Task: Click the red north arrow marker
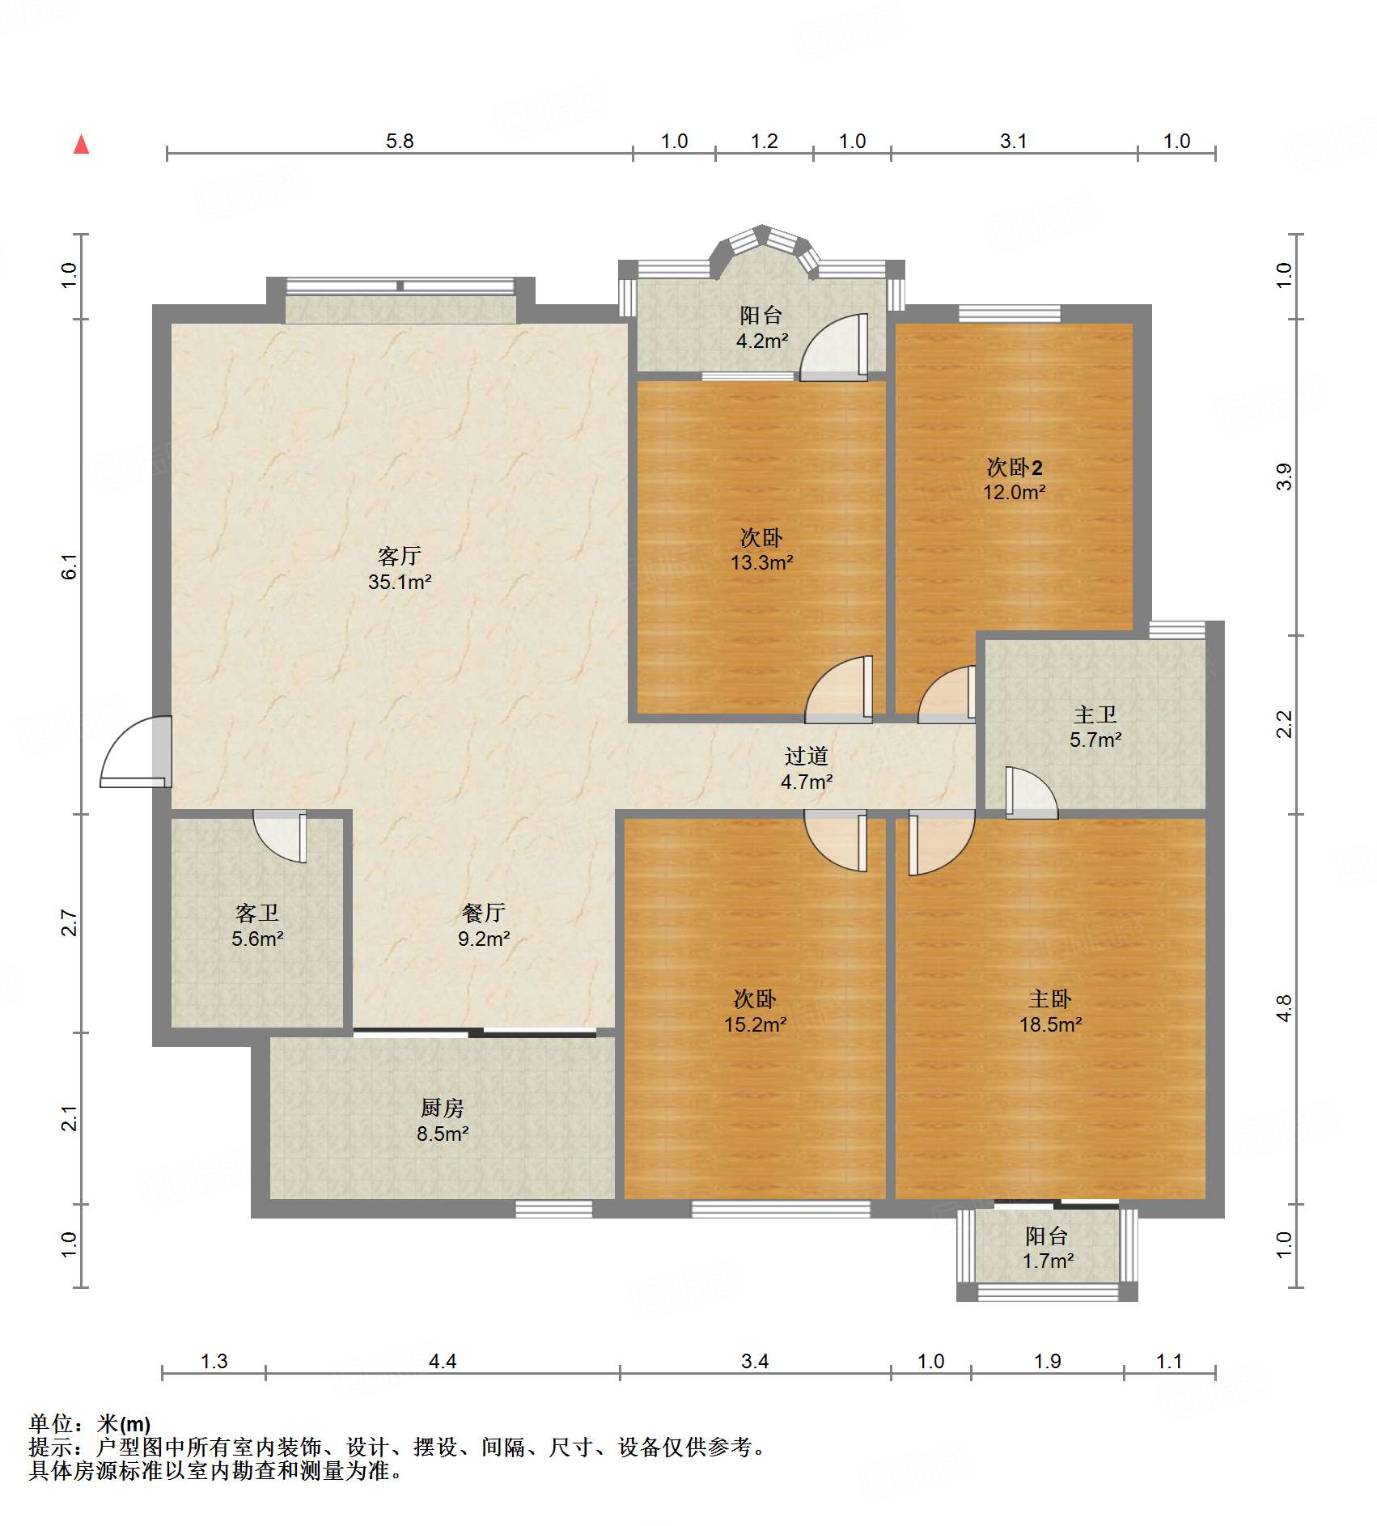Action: [81, 144]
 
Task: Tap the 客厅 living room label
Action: [400, 556]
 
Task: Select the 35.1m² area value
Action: [400, 582]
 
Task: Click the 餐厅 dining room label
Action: [484, 913]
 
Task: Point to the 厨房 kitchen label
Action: [443, 1108]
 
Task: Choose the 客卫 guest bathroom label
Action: [257, 913]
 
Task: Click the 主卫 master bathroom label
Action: [1095, 714]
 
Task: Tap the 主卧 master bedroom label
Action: [1050, 998]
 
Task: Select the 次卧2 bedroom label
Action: [1015, 467]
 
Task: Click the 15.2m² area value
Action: [756, 1024]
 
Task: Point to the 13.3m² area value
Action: [762, 562]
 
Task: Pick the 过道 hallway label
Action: [807, 756]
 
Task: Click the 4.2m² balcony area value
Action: [762, 341]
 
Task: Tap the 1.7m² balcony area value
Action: [1048, 1261]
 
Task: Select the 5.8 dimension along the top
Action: [400, 141]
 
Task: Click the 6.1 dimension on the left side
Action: [70, 566]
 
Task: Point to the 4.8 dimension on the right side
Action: [1284, 1008]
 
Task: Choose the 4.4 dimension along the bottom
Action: [443, 1361]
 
